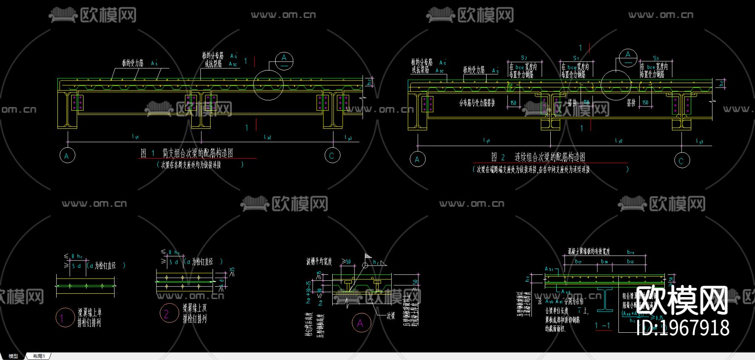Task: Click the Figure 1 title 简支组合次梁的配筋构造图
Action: (198, 153)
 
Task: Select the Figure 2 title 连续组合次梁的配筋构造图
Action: (549, 157)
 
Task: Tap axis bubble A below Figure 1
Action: (67, 156)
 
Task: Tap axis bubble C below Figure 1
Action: (332, 156)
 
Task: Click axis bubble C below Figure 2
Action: (682, 160)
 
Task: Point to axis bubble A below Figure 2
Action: (417, 159)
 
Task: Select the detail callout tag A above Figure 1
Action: (284, 60)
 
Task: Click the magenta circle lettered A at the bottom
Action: (360, 323)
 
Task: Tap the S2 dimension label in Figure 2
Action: (524, 58)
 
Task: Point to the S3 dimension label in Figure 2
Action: (656, 58)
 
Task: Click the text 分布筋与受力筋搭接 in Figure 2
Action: (477, 103)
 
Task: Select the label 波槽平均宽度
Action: (319, 262)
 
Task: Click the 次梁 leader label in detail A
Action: (391, 316)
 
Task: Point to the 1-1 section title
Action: (602, 326)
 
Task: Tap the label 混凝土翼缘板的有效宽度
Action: (589, 251)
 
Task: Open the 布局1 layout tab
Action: (39, 356)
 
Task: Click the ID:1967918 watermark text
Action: (682, 328)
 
